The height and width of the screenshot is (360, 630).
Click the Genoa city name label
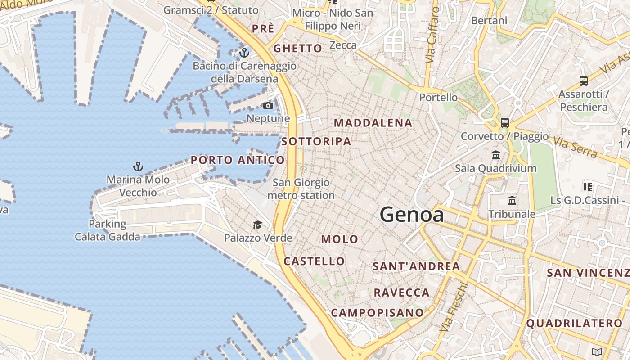412,215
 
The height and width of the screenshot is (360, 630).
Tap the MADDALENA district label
373,123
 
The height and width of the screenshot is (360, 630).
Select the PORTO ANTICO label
238,160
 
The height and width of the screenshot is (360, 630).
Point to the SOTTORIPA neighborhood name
316,141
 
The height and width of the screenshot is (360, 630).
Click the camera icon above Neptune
268,105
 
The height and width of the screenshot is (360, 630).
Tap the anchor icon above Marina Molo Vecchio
138,166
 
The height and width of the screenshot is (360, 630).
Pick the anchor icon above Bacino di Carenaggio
244,53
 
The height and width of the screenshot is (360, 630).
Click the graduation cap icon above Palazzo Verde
257,225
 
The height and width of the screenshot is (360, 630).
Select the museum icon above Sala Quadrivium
496,155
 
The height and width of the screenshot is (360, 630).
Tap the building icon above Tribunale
512,201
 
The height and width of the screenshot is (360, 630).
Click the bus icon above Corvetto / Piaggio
505,122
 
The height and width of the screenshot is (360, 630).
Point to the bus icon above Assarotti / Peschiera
584,81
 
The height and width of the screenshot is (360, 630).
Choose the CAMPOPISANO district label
378,312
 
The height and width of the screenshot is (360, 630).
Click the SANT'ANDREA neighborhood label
416,266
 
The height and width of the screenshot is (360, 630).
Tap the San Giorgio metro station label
301,189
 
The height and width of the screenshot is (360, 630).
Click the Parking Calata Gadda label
108,230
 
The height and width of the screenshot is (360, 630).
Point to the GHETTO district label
298,48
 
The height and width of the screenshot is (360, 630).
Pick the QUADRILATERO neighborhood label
574,323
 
